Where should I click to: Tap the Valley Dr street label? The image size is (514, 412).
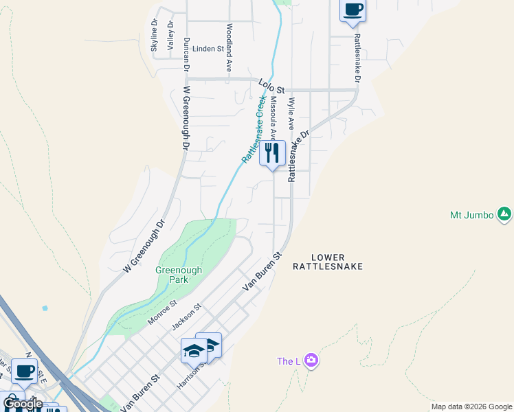click(170, 34)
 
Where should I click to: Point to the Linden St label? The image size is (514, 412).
click(208, 49)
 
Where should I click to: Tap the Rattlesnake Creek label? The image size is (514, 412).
click(254, 128)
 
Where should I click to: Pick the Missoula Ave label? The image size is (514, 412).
click(273, 117)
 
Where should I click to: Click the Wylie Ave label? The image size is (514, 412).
click(291, 113)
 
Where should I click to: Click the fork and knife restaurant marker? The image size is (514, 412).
click(272, 153)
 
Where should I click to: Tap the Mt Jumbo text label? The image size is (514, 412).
click(471, 215)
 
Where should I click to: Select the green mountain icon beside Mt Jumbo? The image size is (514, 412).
click(504, 215)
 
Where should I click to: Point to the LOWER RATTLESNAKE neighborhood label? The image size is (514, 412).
click(327, 260)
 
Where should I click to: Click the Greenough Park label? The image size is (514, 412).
click(179, 275)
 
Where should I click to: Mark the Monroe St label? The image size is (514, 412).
click(162, 312)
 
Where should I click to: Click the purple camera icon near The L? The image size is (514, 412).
click(311, 360)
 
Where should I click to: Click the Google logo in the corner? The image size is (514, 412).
click(23, 404)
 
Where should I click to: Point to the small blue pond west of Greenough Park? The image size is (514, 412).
click(45, 308)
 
